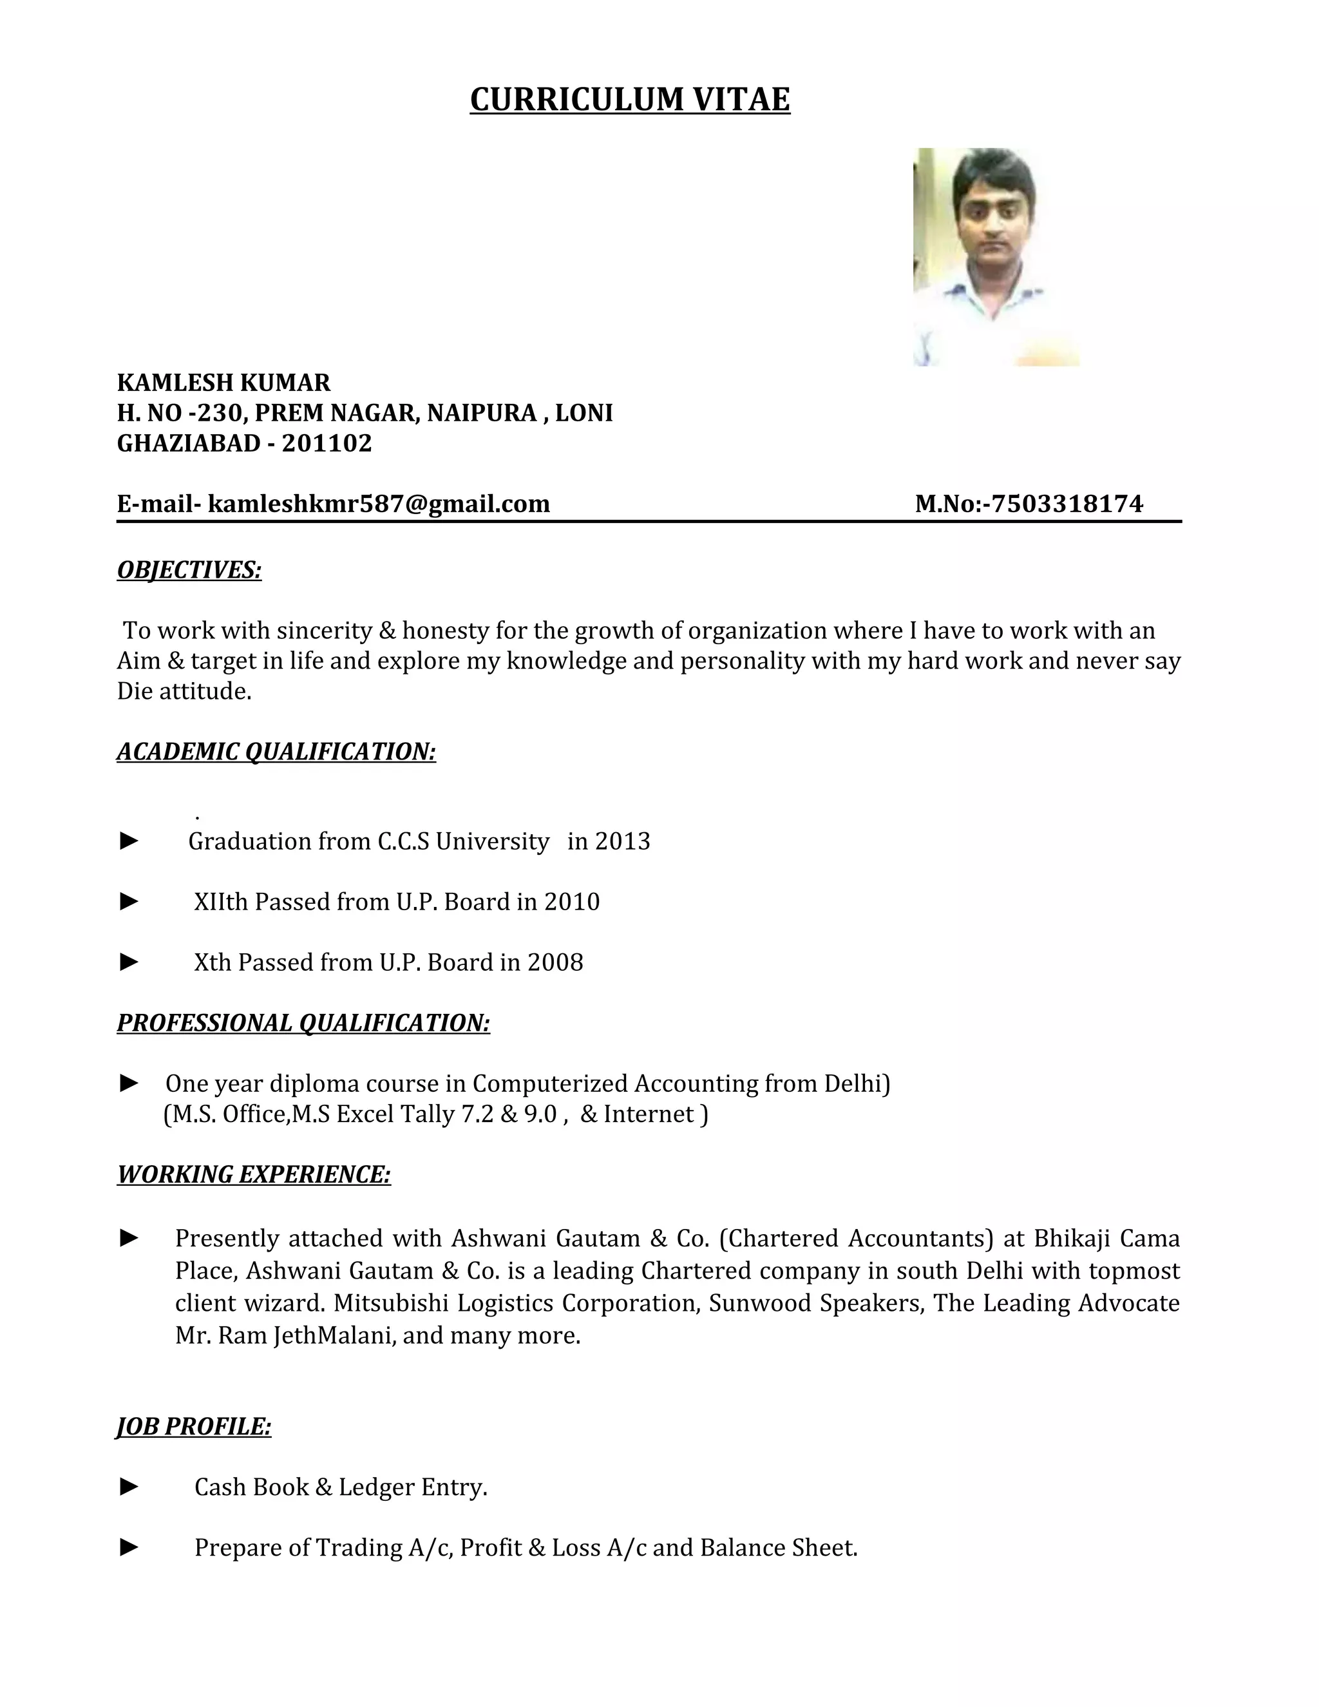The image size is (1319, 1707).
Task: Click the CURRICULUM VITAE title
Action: click(630, 100)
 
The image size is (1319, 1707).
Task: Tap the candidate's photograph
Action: click(996, 256)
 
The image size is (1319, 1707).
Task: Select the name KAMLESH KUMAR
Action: click(223, 382)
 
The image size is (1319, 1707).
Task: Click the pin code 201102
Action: click(327, 443)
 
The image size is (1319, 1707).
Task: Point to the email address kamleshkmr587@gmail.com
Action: click(378, 503)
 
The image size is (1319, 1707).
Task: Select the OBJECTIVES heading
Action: click(189, 570)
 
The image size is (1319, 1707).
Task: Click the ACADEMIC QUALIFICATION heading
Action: click(276, 751)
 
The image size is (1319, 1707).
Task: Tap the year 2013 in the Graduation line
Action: click(622, 841)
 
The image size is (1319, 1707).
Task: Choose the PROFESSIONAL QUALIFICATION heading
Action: click(303, 1022)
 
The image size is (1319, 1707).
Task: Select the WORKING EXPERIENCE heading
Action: click(253, 1174)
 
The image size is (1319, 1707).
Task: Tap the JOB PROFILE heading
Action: click(194, 1426)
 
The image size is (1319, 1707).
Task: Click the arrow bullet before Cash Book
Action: click(129, 1487)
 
